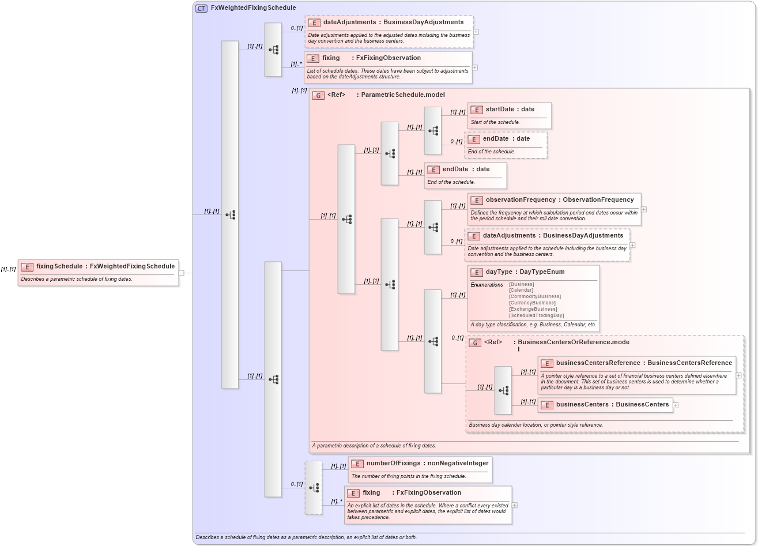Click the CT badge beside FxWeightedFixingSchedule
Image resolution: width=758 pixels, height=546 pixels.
click(x=201, y=8)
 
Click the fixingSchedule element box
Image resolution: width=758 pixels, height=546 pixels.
click(x=98, y=272)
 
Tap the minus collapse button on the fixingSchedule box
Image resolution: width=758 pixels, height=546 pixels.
click(x=181, y=273)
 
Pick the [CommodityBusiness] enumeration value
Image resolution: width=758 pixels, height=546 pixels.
click(x=534, y=296)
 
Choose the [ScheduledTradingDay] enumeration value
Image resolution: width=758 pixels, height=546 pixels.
click(x=536, y=315)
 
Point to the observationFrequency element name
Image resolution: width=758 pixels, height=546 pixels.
click(x=521, y=200)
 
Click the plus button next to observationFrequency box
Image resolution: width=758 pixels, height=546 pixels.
click(x=644, y=209)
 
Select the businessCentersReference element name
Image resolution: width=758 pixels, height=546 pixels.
click(x=598, y=363)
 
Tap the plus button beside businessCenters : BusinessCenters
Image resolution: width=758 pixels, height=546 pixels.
click(x=676, y=405)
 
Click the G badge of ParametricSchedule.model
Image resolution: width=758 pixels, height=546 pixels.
click(x=318, y=95)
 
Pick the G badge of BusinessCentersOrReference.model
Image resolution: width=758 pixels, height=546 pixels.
click(x=475, y=342)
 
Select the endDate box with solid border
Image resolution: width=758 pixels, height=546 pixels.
click(x=465, y=175)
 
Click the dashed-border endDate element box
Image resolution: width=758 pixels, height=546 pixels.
click(x=506, y=145)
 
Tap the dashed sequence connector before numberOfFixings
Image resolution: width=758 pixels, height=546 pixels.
click(x=314, y=488)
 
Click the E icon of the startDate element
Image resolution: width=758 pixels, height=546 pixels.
click(x=477, y=110)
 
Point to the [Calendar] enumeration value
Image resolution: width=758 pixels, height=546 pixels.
click(x=521, y=290)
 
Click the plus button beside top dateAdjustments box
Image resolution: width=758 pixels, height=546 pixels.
click(x=476, y=32)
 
